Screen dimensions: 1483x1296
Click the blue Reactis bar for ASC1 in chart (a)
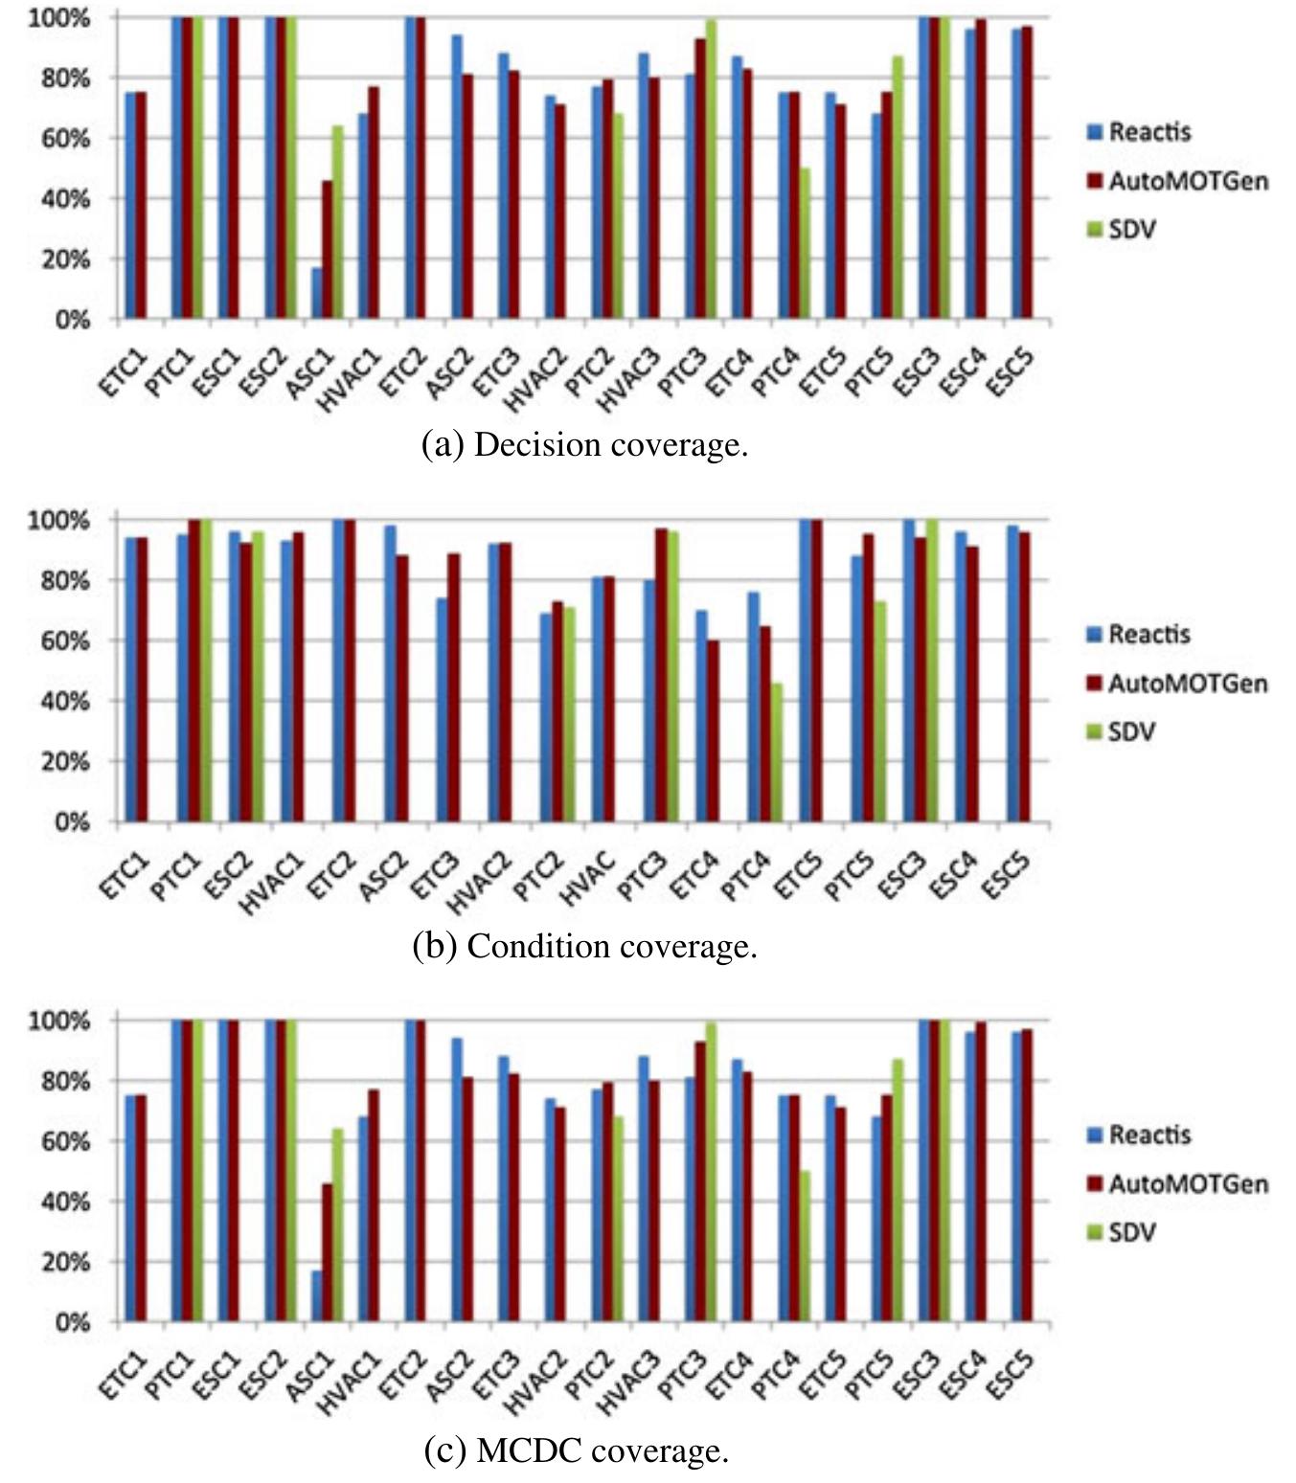[316, 293]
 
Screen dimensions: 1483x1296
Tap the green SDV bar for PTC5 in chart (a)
[898, 188]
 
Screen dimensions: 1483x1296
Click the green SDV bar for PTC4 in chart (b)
[777, 753]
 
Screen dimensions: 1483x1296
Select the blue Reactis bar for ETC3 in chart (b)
[442, 710]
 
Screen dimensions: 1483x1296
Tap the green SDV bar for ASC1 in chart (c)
[337, 1225]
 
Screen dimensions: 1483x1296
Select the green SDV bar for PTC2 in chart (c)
[617, 1220]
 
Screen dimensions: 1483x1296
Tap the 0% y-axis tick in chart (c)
[71, 1323]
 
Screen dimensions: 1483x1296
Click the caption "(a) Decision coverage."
[584, 445]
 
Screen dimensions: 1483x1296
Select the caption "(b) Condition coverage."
[584, 947]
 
